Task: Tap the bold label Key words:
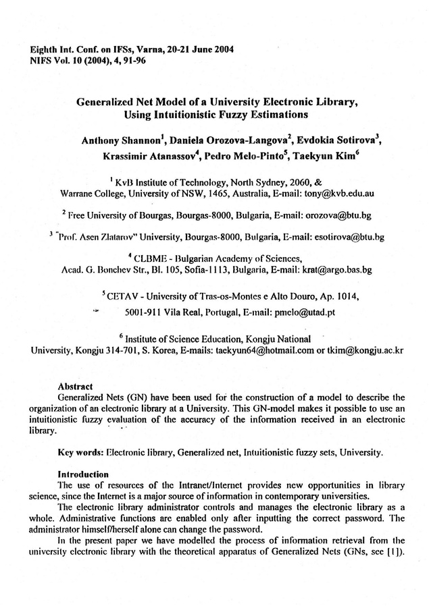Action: (x=81, y=451)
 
